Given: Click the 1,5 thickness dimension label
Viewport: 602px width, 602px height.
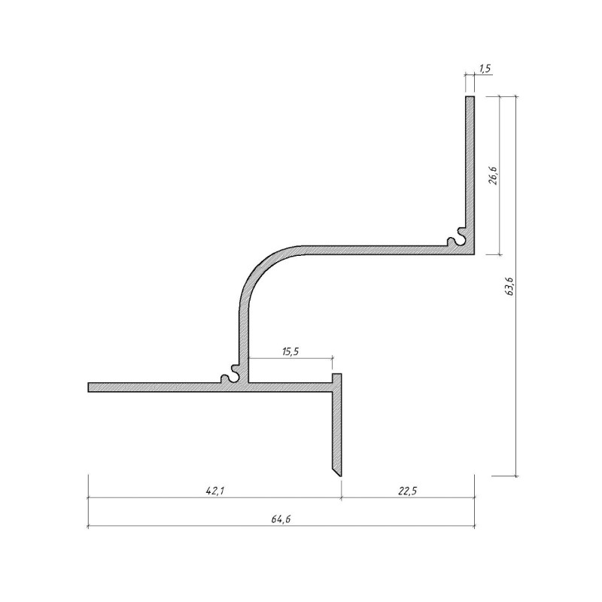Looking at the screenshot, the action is pyautogui.click(x=485, y=68).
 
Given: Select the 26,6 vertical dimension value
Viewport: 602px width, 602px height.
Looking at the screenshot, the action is pyautogui.click(x=494, y=175).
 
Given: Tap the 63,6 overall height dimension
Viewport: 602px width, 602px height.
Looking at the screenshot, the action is pyautogui.click(x=510, y=286).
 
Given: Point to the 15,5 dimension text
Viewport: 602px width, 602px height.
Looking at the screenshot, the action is pyautogui.click(x=290, y=351).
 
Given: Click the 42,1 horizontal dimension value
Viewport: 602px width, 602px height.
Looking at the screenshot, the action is pyautogui.click(x=215, y=491).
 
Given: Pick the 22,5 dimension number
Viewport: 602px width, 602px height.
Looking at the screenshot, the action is pyautogui.click(x=407, y=491).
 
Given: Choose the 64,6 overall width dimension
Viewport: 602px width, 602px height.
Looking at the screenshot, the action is pyautogui.click(x=281, y=519).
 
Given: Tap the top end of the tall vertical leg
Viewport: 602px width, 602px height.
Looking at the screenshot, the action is pyautogui.click(x=470, y=96).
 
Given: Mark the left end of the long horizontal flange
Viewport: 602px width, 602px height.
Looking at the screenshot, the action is pyautogui.click(x=88, y=388).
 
